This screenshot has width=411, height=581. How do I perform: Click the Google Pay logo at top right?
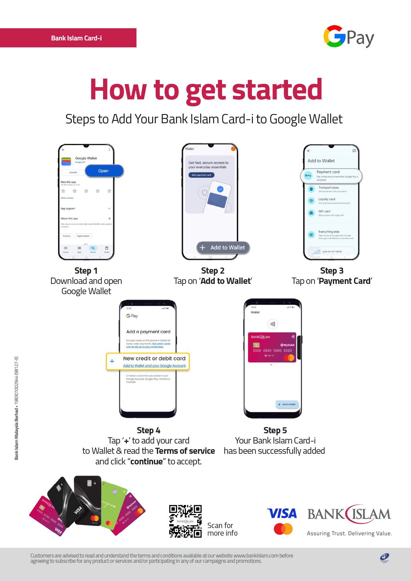click(349, 37)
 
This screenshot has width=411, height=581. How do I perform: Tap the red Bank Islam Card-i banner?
click(68, 38)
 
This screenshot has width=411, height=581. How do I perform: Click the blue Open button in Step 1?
click(104, 171)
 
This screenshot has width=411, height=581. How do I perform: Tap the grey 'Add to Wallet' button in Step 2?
click(223, 247)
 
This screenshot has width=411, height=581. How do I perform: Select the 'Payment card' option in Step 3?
click(331, 176)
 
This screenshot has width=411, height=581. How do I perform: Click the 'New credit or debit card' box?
click(148, 361)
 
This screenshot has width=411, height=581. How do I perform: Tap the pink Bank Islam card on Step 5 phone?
click(272, 347)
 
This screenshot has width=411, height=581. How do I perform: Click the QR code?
click(185, 521)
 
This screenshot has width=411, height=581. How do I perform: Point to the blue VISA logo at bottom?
click(282, 513)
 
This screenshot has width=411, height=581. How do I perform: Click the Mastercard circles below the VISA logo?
click(283, 529)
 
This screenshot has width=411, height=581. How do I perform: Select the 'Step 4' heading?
click(148, 430)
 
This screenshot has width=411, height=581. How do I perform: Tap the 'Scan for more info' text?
click(222, 529)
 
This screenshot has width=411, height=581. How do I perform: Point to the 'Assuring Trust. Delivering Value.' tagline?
click(349, 533)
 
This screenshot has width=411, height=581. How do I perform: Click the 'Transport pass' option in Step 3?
click(328, 189)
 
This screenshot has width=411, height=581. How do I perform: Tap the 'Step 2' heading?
click(213, 271)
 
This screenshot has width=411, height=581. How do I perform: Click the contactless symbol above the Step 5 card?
click(272, 324)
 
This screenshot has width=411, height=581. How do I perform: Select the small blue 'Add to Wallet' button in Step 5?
click(287, 404)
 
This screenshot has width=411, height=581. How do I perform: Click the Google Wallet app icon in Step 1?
click(66, 161)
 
